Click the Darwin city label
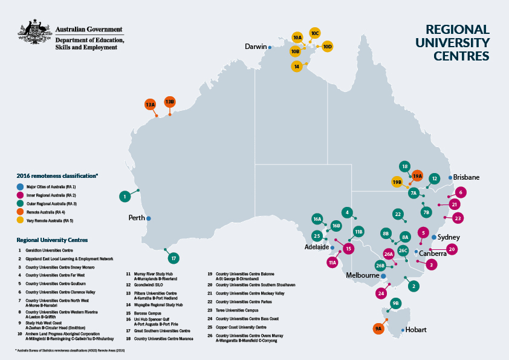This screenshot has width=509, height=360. click(256, 47)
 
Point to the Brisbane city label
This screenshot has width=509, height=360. click(466, 177)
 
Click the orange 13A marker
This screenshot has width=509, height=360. click(151, 105)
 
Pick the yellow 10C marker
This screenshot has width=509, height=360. click(314, 33)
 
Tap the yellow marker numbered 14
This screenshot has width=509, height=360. click(297, 66)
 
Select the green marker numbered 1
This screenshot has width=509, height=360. click(125, 196)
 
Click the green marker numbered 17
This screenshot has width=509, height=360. click(173, 258)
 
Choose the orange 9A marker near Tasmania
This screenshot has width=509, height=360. click(378, 329)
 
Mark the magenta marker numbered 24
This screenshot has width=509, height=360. click(381, 293)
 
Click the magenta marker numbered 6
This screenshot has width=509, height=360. click(461, 192)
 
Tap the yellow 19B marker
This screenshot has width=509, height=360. click(397, 182)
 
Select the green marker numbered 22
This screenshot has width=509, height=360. click(398, 214)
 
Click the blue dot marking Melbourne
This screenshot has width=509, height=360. click(383, 276)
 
